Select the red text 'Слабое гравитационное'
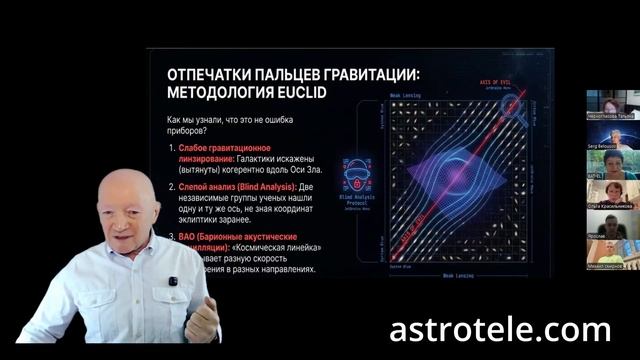[x=231, y=147]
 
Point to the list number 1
[x=172, y=147]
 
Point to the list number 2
[x=172, y=185]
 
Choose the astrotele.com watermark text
[x=500, y=327]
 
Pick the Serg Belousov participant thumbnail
[x=612, y=135]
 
